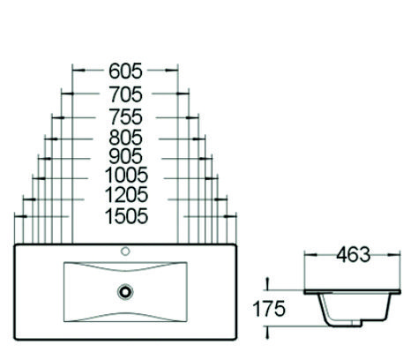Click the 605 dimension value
tap(125, 71)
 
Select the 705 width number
tap(126, 94)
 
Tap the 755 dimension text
tap(126, 116)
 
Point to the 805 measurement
tap(126, 138)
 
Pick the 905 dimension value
tap(126, 156)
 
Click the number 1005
tap(126, 175)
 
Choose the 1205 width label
tap(126, 194)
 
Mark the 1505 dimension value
tap(126, 216)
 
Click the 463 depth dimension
tap(353, 255)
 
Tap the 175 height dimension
tap(269, 309)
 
